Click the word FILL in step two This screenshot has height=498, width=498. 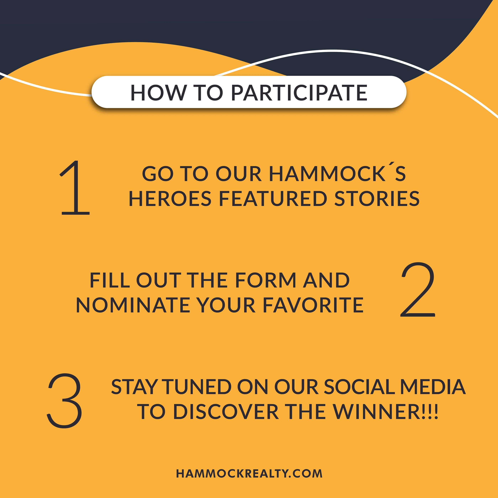click(110, 280)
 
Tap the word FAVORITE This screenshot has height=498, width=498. click(313, 305)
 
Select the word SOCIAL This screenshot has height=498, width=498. click(360, 387)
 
